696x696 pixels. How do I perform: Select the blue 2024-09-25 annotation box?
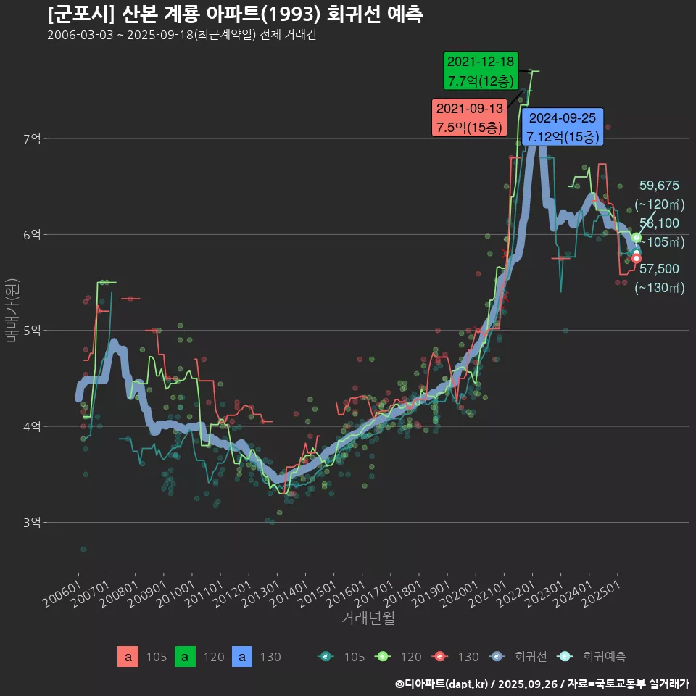pyautogui.click(x=562, y=127)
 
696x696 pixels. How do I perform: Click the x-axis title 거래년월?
pyautogui.click(x=368, y=618)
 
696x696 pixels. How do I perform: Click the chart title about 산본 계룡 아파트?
pyautogui.click(x=236, y=14)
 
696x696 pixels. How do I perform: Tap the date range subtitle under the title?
pyautogui.click(x=181, y=35)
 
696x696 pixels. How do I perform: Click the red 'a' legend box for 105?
pyautogui.click(x=128, y=657)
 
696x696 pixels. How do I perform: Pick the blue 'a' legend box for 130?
pyautogui.click(x=242, y=657)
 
